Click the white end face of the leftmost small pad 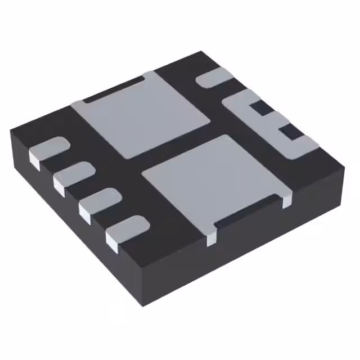click(x=35, y=161)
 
